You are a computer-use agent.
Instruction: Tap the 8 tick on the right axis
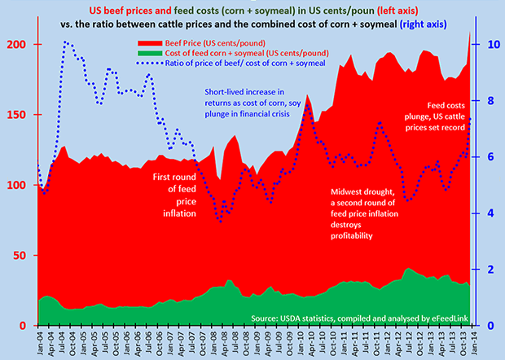tap(484, 101)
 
